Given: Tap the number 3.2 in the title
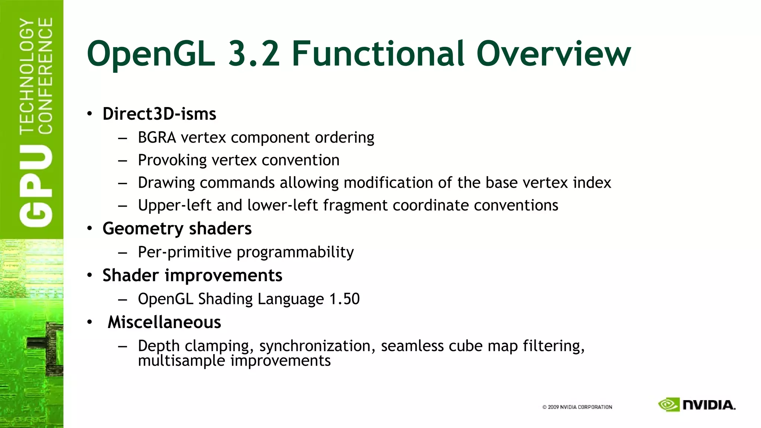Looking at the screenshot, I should click(254, 54).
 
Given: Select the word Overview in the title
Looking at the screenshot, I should click(553, 54).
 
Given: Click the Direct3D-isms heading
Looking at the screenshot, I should click(159, 114).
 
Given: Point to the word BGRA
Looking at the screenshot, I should click(157, 137).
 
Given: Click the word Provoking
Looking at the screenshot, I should click(172, 160).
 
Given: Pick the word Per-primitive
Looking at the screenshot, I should click(185, 252).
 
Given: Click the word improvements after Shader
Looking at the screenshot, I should click(223, 276).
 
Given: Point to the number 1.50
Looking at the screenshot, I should click(344, 299).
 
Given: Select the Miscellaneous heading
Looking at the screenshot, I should click(164, 322).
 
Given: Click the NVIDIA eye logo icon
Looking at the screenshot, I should click(668, 405).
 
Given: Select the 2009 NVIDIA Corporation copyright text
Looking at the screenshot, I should click(577, 407).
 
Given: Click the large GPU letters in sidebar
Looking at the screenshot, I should click(36, 186).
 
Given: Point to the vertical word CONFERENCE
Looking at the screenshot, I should click(45, 76).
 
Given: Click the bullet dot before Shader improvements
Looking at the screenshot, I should click(90, 276).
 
